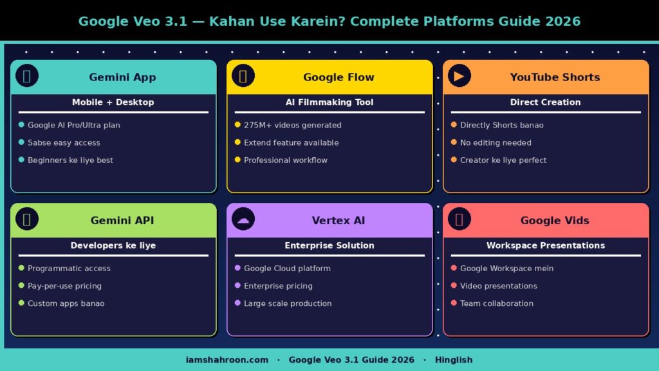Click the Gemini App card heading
point(122,77)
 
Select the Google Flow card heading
point(339,77)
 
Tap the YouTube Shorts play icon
point(459,76)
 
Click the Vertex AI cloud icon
point(243,219)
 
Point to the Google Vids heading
point(554,220)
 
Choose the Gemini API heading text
point(122,220)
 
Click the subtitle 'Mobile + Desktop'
point(113,102)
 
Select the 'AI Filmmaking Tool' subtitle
point(329,102)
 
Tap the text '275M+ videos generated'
point(292,126)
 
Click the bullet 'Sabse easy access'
point(64,143)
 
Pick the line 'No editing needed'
point(496,143)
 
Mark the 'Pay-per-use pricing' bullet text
point(64,286)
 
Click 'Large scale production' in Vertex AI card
point(288,303)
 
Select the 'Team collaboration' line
point(496,303)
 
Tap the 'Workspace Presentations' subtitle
point(545,245)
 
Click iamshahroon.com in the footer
point(227,360)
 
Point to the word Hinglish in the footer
point(454,360)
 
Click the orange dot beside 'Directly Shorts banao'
point(454,125)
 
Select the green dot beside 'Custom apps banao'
point(21,303)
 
